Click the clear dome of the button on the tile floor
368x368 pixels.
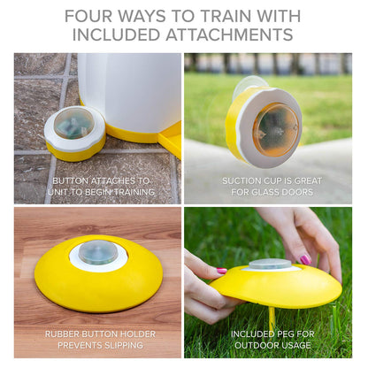coord(73,123)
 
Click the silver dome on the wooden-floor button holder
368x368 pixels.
coord(97,252)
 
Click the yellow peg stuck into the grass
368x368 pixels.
coord(272,316)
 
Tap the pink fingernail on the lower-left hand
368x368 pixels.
coord(220,271)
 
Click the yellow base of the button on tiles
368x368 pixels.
coord(74,152)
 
